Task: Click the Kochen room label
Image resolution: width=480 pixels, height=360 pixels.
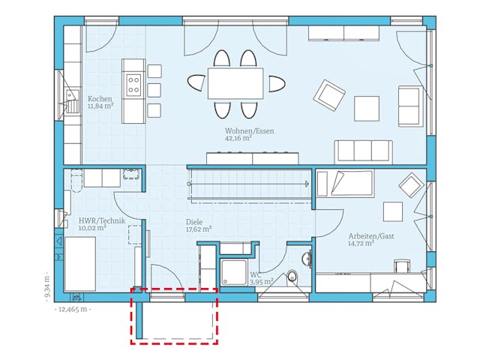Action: click(x=100, y=99)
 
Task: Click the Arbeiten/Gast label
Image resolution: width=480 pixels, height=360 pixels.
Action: click(x=370, y=235)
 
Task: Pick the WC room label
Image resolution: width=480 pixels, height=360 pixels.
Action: click(x=255, y=275)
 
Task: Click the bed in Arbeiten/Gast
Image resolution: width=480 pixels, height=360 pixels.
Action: click(x=345, y=183)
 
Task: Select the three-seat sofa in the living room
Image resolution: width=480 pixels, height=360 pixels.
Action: click(x=364, y=151)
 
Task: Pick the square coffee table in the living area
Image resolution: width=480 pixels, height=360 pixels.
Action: click(x=367, y=109)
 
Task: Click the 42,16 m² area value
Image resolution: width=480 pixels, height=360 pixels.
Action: click(x=238, y=139)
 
